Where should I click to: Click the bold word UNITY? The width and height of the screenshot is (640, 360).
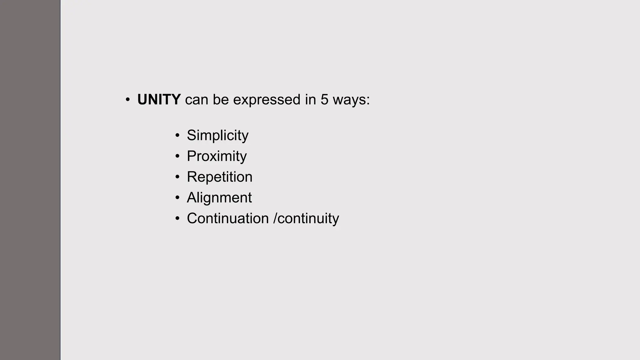click(x=159, y=100)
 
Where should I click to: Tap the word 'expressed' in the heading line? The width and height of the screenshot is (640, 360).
click(x=267, y=100)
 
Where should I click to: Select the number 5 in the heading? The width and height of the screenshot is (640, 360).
click(x=324, y=100)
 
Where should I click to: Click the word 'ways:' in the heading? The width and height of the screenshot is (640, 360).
click(x=351, y=100)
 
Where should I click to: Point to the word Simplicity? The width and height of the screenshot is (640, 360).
click(x=217, y=135)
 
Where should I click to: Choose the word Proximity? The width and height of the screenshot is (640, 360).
click(x=217, y=156)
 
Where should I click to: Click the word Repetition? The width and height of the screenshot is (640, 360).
click(x=219, y=177)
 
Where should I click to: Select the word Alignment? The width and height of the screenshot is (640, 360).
click(x=219, y=197)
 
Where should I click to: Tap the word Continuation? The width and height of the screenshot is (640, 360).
click(x=227, y=218)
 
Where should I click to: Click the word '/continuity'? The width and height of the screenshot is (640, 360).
click(x=306, y=218)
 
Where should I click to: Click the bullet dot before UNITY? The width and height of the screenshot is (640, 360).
click(x=127, y=100)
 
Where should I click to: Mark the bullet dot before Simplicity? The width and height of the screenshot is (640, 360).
click(x=177, y=136)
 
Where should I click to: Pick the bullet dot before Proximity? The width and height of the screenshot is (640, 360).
click(x=177, y=156)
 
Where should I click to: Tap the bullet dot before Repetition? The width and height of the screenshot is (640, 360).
click(x=177, y=177)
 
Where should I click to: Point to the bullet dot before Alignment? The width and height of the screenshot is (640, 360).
click(x=177, y=197)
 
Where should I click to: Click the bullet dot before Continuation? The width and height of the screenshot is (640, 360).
click(x=177, y=218)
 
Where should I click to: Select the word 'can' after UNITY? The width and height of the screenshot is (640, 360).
click(x=197, y=100)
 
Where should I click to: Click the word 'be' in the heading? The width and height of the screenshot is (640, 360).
click(x=221, y=100)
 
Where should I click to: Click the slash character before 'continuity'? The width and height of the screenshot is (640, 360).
click(x=275, y=218)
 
